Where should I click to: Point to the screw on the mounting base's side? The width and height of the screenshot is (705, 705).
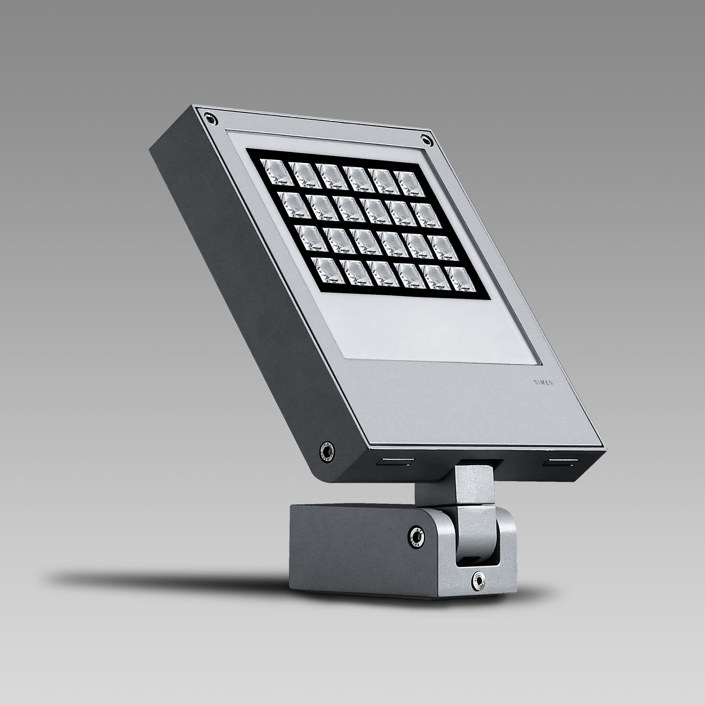click(x=415, y=536)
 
